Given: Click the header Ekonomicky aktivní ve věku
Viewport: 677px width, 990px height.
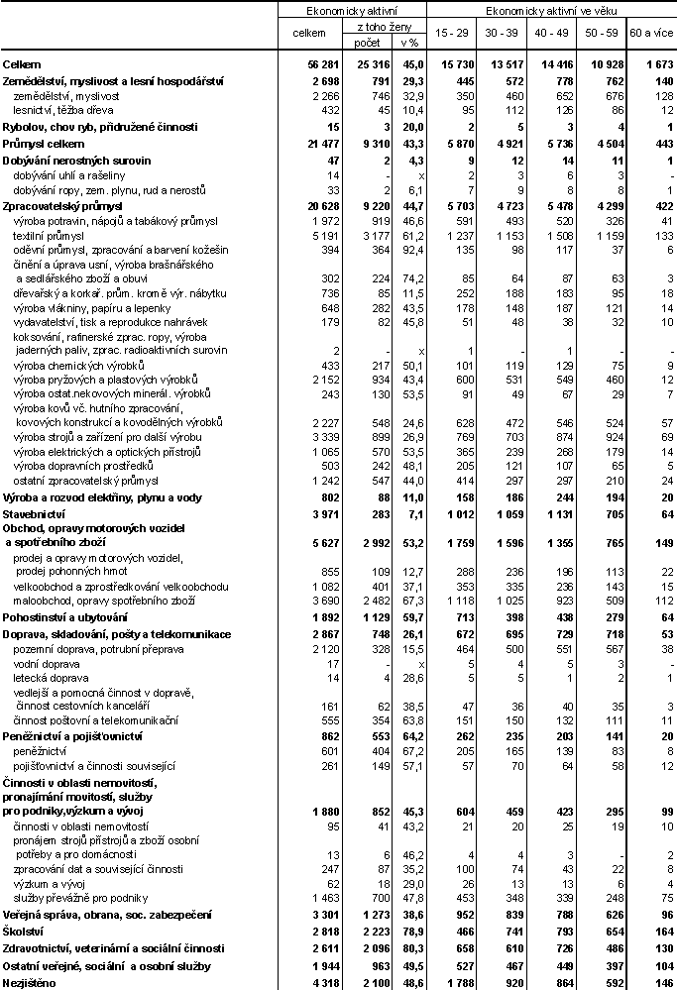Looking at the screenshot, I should pos(550,10).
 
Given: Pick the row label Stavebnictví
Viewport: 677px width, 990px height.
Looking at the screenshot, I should pos(34,514).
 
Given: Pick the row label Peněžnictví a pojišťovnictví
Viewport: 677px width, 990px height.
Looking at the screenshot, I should pos(72,738).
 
